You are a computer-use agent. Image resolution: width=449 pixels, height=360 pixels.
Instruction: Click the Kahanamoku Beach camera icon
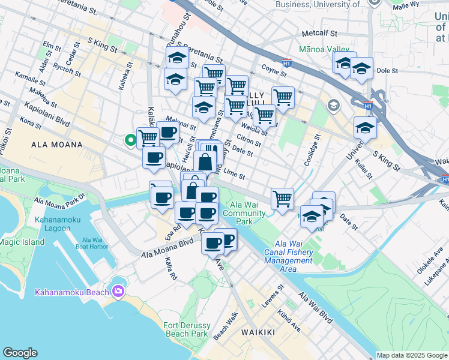click(118, 292)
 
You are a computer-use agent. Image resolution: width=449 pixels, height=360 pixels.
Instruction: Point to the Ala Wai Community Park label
click(243, 213)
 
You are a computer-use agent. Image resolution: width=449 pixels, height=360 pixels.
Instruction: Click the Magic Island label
click(22, 242)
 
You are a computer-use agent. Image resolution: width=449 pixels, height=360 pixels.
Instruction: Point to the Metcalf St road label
click(321, 34)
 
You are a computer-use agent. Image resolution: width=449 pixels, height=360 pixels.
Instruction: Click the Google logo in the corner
click(20, 353)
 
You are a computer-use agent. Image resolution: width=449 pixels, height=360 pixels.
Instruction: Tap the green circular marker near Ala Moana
click(129, 141)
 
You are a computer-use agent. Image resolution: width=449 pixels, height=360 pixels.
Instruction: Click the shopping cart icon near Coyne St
click(282, 97)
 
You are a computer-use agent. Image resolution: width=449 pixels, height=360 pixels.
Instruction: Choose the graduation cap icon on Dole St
click(361, 70)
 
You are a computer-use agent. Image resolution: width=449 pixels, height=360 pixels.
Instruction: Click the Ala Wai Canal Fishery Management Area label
click(289, 256)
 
